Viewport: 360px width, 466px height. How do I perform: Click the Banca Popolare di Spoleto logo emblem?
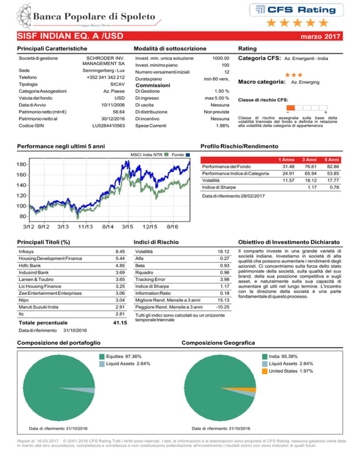[24, 16]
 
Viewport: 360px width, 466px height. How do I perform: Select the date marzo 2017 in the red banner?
[321, 36]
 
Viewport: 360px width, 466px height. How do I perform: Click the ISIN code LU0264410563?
[108, 126]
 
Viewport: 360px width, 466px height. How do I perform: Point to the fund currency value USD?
[120, 98]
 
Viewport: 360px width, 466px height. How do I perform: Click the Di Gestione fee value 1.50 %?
[222, 91]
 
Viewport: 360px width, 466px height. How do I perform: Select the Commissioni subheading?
[153, 85]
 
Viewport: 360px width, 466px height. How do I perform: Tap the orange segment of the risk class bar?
[291, 107]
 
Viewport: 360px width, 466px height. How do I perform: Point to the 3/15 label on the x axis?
[127, 227]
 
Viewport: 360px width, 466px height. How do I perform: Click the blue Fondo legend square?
[187, 155]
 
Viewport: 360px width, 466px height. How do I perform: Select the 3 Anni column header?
[309, 160]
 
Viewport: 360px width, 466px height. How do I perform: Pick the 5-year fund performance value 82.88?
[333, 167]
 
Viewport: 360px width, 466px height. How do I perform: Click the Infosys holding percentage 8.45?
[120, 252]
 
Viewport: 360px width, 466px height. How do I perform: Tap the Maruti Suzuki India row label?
[38, 307]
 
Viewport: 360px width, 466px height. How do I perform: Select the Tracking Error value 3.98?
[225, 279]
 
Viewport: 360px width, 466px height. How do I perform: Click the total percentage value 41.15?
[120, 323]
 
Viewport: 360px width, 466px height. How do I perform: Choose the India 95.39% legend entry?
[280, 357]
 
